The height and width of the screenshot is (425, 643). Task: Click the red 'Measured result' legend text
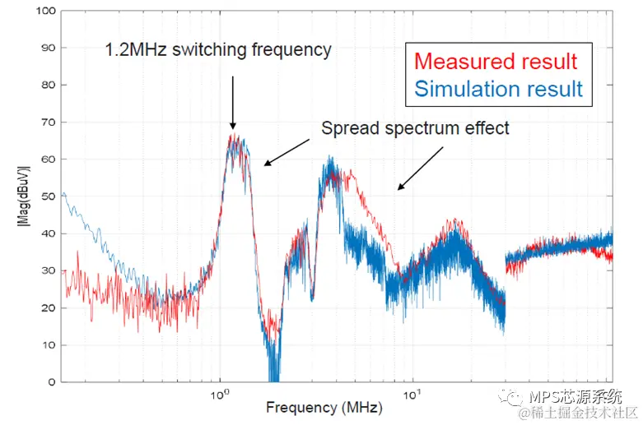click(x=496, y=62)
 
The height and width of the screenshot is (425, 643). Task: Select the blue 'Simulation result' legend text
click(x=499, y=88)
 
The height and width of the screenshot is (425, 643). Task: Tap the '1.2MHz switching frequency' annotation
click(x=218, y=50)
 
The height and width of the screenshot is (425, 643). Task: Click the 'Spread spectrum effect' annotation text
click(x=415, y=128)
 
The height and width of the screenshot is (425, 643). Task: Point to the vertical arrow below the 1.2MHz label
click(x=233, y=102)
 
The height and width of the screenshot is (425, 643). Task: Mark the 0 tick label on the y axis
click(x=51, y=382)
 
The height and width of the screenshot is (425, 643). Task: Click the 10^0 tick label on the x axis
click(x=219, y=394)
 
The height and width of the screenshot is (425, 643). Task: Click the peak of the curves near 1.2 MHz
click(x=235, y=136)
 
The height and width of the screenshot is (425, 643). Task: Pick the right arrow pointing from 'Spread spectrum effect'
click(x=420, y=169)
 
